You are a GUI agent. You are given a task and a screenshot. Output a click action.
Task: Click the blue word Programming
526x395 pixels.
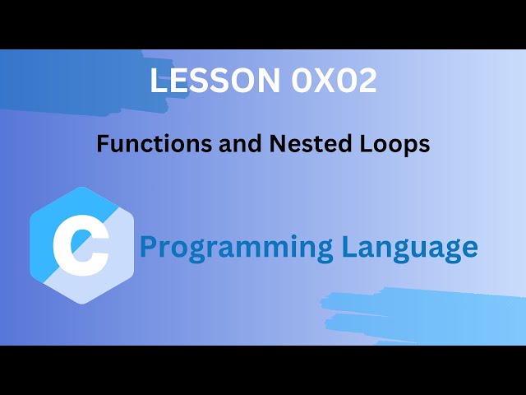[x=236, y=247]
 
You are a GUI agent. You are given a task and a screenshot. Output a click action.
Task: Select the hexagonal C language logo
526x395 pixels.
[x=81, y=245]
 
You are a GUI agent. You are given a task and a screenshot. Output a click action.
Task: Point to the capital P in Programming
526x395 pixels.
[x=149, y=246]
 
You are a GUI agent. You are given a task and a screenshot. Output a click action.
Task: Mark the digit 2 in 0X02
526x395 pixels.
[x=367, y=81]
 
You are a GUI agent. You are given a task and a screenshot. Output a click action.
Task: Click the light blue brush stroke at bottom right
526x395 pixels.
[x=427, y=313]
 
